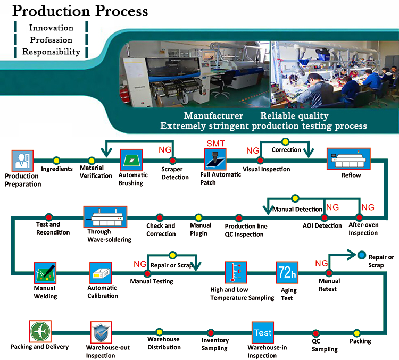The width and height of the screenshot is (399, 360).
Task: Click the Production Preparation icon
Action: [22, 162]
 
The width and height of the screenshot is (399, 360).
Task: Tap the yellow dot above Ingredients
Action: [56, 160]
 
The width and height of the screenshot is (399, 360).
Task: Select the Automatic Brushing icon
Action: [130, 160]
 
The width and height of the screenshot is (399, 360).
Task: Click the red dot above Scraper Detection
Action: [172, 160]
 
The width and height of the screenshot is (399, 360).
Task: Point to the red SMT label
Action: [215, 144]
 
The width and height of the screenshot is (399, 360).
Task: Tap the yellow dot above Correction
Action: [285, 142]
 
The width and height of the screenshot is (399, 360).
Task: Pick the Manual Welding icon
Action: [45, 272]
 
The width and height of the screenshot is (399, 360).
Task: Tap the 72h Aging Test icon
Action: [286, 273]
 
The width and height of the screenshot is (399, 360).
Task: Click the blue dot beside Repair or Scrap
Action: [362, 255]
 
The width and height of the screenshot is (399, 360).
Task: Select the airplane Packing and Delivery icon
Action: [40, 331]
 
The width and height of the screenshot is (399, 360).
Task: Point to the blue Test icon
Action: [262, 332]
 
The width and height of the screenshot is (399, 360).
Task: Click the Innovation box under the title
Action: [51, 28]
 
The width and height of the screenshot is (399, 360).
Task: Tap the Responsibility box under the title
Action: [51, 52]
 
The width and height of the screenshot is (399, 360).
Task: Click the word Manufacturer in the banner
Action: [213, 116]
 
